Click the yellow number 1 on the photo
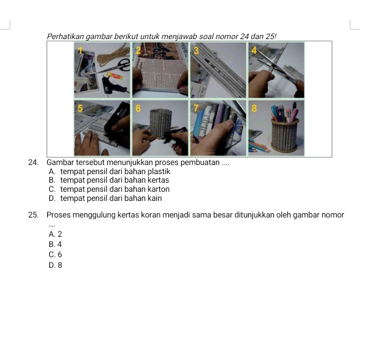pos(80,50)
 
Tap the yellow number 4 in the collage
pos(254,50)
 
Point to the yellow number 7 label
pos(196,108)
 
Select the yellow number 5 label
pos(80,108)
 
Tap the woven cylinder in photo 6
pos(160,123)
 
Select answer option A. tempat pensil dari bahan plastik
pos(109,171)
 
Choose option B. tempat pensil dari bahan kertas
pos(109,180)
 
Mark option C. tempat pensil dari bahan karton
pos(109,189)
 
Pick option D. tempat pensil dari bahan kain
pos(105,198)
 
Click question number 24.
pos(33,162)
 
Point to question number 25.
pos(33,215)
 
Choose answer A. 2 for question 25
pos(55,234)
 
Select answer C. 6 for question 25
pos(55,254)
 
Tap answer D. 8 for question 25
pos(55,265)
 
